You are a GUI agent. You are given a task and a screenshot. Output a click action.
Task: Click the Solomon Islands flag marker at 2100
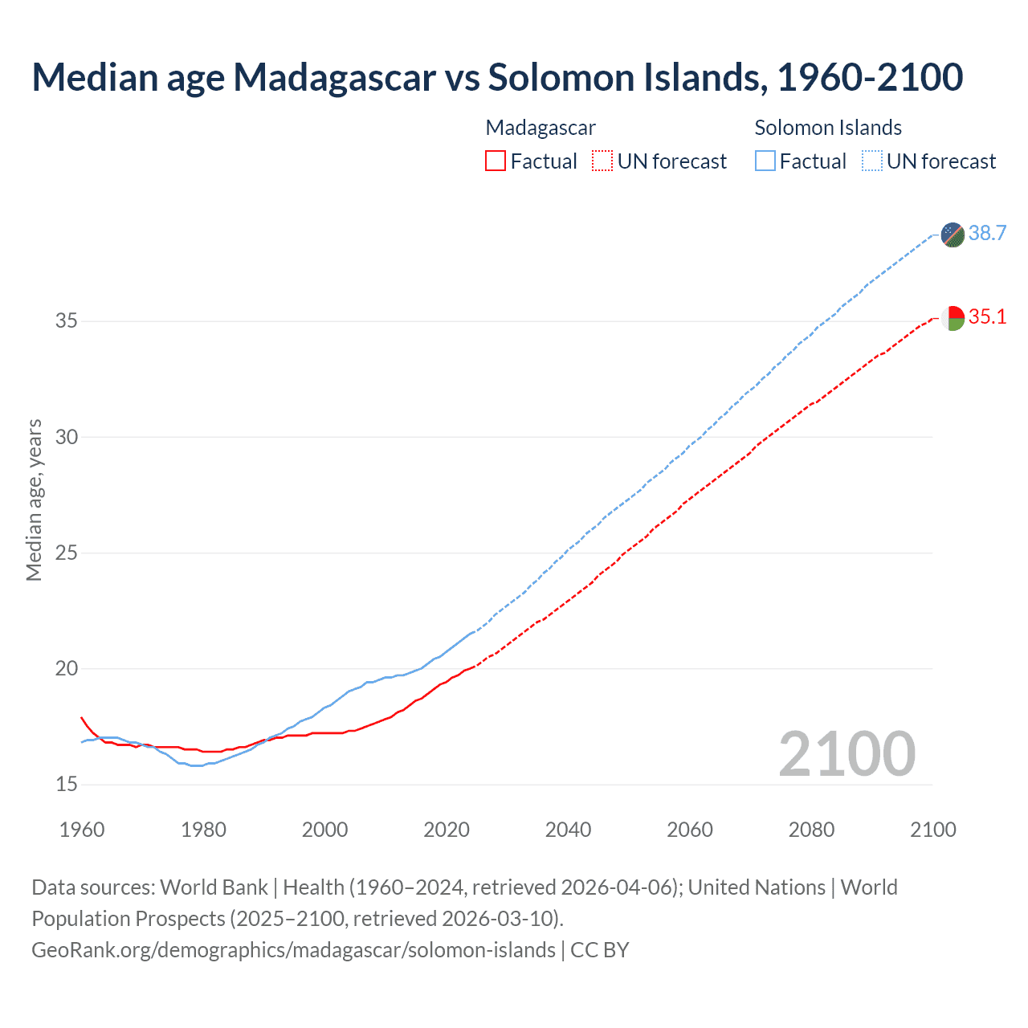[953, 235]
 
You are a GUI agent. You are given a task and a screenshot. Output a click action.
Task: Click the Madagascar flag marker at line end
[953, 318]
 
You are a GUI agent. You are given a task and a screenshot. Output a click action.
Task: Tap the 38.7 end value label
[987, 233]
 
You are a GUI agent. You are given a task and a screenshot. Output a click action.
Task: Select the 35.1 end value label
[987, 316]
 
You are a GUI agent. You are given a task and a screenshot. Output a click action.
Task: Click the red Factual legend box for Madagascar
[496, 161]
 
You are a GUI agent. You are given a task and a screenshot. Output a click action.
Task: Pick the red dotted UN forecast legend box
[602, 161]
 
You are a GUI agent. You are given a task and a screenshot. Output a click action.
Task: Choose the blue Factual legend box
[765, 161]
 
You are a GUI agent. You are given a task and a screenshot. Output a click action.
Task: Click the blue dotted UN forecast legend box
[872, 161]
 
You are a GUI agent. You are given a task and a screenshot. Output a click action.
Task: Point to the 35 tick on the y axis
[67, 321]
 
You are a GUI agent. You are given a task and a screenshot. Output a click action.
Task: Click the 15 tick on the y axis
[67, 785]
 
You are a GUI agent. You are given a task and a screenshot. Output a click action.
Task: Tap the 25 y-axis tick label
[67, 553]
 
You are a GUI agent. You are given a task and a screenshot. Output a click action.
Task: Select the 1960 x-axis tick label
[82, 830]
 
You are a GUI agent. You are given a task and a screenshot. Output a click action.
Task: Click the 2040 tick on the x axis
[568, 830]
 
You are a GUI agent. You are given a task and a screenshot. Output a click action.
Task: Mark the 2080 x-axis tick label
[811, 830]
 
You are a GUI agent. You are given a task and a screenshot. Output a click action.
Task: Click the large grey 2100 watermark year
[846, 753]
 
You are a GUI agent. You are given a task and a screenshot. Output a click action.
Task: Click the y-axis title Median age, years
[34, 500]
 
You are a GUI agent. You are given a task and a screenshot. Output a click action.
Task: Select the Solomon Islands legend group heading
[828, 128]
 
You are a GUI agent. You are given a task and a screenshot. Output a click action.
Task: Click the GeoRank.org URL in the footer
[293, 950]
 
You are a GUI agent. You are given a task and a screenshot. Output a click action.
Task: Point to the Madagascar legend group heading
[541, 128]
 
